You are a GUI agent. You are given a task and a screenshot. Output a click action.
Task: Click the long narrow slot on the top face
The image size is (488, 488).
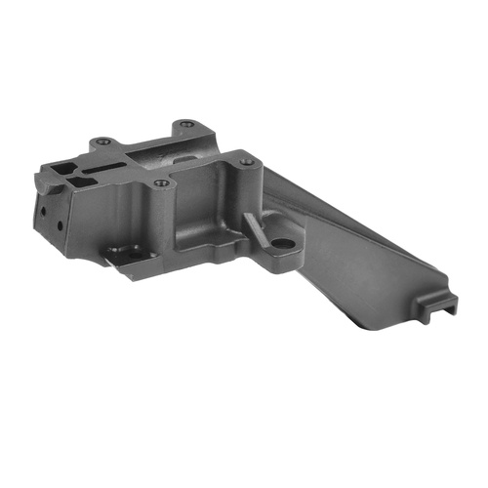(99, 175)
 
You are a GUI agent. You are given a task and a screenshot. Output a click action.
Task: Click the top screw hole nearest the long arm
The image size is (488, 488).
(247, 161)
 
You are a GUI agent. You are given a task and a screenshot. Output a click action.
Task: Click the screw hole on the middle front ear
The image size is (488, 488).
(161, 183)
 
